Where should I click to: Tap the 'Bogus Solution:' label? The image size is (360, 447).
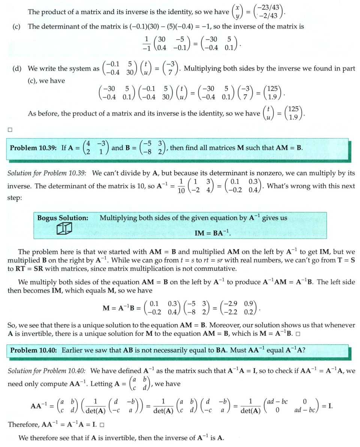pos(63,218)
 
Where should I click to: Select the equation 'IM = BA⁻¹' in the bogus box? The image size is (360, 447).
pos(212,233)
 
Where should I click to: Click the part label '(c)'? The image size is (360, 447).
pos(16,27)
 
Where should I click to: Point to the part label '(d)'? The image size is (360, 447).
pos(16,69)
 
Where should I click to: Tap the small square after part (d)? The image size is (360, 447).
pos(10,130)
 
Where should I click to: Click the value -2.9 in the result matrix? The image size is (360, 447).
pos(233,303)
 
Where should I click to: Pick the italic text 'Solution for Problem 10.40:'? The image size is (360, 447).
pos(47,371)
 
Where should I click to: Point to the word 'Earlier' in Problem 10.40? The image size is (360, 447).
pos(73,350)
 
